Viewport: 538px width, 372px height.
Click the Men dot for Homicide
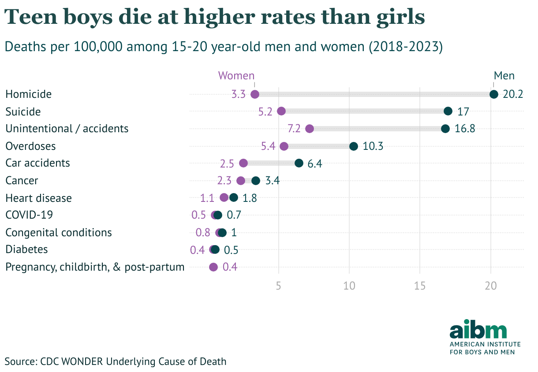click(493, 94)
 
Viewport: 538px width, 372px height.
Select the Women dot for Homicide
click(254, 94)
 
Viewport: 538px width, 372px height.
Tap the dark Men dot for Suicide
click(448, 111)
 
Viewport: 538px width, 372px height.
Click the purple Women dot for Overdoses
click(284, 146)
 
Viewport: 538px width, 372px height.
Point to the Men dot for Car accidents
click(299, 163)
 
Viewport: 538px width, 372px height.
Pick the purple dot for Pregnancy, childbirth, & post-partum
click(213, 267)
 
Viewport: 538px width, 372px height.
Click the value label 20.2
click(513, 94)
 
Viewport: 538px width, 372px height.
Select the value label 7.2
click(294, 129)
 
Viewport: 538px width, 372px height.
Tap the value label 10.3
click(373, 146)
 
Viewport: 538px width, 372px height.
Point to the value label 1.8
click(250, 198)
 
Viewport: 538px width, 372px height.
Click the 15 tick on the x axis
click(420, 286)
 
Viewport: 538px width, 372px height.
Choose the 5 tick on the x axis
click(278, 286)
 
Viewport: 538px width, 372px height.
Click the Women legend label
click(236, 75)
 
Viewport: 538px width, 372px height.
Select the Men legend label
click(504, 75)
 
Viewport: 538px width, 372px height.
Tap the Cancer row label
click(22, 180)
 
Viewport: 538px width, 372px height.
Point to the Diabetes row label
click(26, 249)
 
